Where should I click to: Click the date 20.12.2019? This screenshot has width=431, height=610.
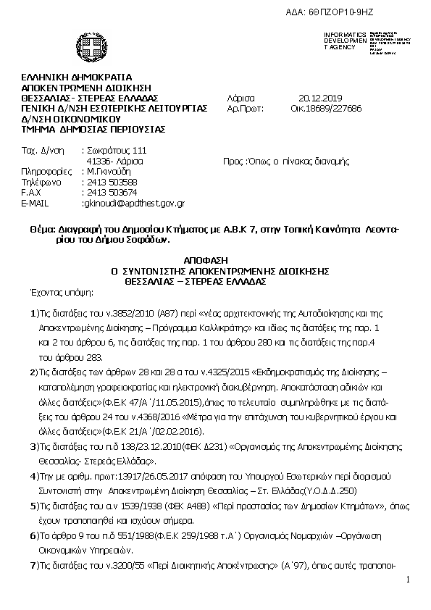click(x=321, y=98)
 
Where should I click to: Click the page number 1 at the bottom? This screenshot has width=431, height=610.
click(x=408, y=580)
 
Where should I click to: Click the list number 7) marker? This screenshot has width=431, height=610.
click(x=34, y=564)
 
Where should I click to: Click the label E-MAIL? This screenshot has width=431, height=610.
click(x=35, y=204)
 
